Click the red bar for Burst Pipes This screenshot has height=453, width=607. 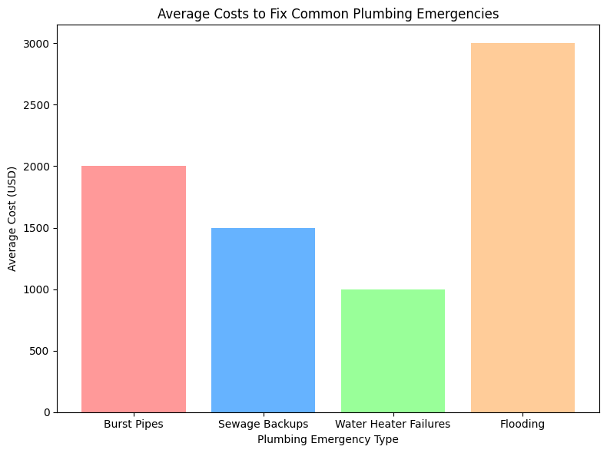pyautogui.click(x=134, y=289)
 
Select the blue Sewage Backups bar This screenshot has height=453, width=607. pyautogui.click(x=263, y=320)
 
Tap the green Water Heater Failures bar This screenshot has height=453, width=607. pyautogui.click(x=393, y=351)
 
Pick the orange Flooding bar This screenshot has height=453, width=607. pyautogui.click(x=522, y=228)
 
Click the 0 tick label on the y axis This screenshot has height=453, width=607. pyautogui.click(x=48, y=412)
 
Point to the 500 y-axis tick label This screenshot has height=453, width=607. pyautogui.click(x=40, y=351)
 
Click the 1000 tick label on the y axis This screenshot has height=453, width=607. pyautogui.click(x=37, y=289)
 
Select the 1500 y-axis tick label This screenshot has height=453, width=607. pyautogui.click(x=37, y=228)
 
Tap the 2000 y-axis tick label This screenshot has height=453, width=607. pyautogui.click(x=37, y=167)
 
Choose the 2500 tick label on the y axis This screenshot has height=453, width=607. pyautogui.click(x=37, y=105)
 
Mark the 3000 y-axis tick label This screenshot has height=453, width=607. pyautogui.click(x=37, y=44)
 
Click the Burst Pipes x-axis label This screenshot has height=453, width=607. pyautogui.click(x=134, y=424)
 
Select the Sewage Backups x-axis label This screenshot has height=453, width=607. pyautogui.click(x=263, y=424)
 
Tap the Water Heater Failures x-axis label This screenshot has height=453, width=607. pyautogui.click(x=393, y=424)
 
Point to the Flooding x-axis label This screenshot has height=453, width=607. pyautogui.click(x=522, y=424)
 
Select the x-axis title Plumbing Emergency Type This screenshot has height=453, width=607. pyautogui.click(x=328, y=439)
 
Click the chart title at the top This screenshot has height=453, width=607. pyautogui.click(x=328, y=13)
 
